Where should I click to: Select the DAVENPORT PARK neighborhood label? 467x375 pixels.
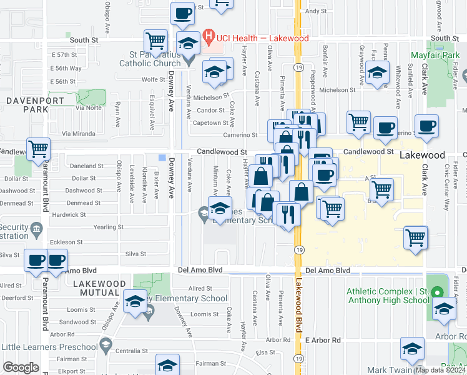[x=27, y=104]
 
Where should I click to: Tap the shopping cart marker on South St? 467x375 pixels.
[x=156, y=41]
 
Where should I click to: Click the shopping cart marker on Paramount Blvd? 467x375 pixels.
[x=38, y=149]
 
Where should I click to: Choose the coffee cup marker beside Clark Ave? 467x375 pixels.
[x=426, y=126]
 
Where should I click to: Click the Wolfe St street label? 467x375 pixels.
[x=153, y=79]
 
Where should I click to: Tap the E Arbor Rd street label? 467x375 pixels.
[x=323, y=340]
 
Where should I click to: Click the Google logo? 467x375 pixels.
[x=21, y=367]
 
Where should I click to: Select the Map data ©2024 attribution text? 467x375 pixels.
[x=440, y=370]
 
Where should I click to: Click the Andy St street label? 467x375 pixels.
[x=317, y=11]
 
